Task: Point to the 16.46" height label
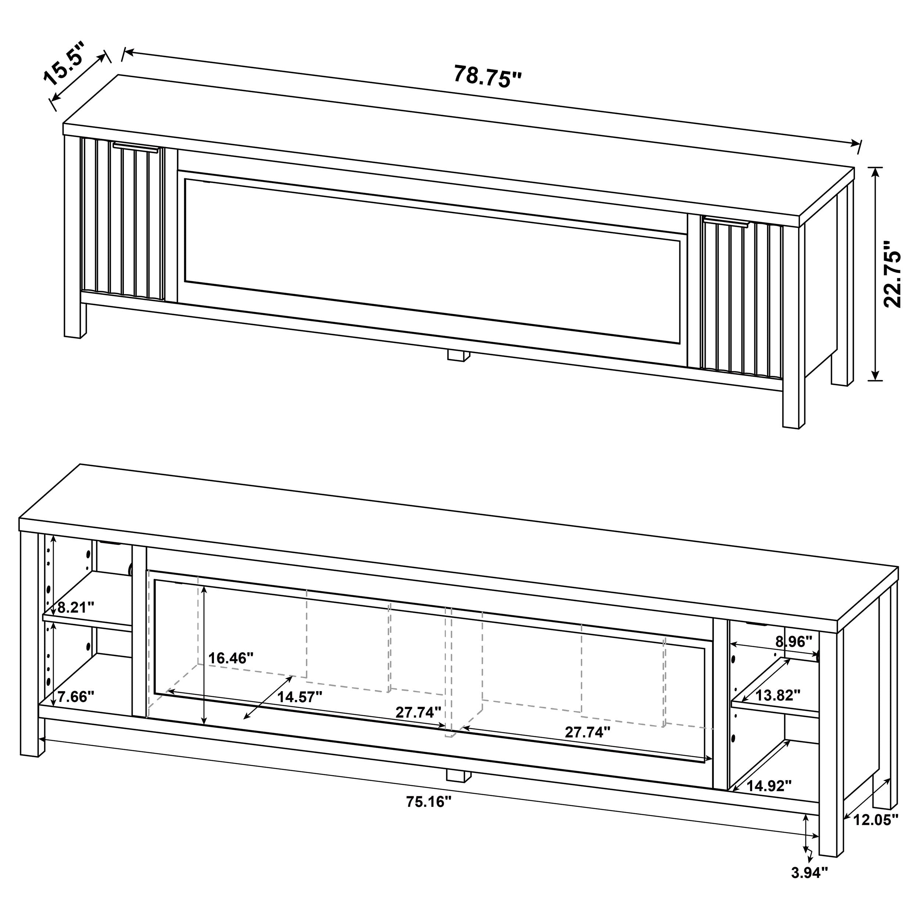tap(231, 658)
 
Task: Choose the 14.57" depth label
tap(300, 697)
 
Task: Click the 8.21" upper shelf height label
tap(76, 607)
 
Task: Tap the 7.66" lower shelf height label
tap(75, 697)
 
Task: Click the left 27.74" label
tap(418, 725)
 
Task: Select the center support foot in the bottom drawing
tap(458, 776)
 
